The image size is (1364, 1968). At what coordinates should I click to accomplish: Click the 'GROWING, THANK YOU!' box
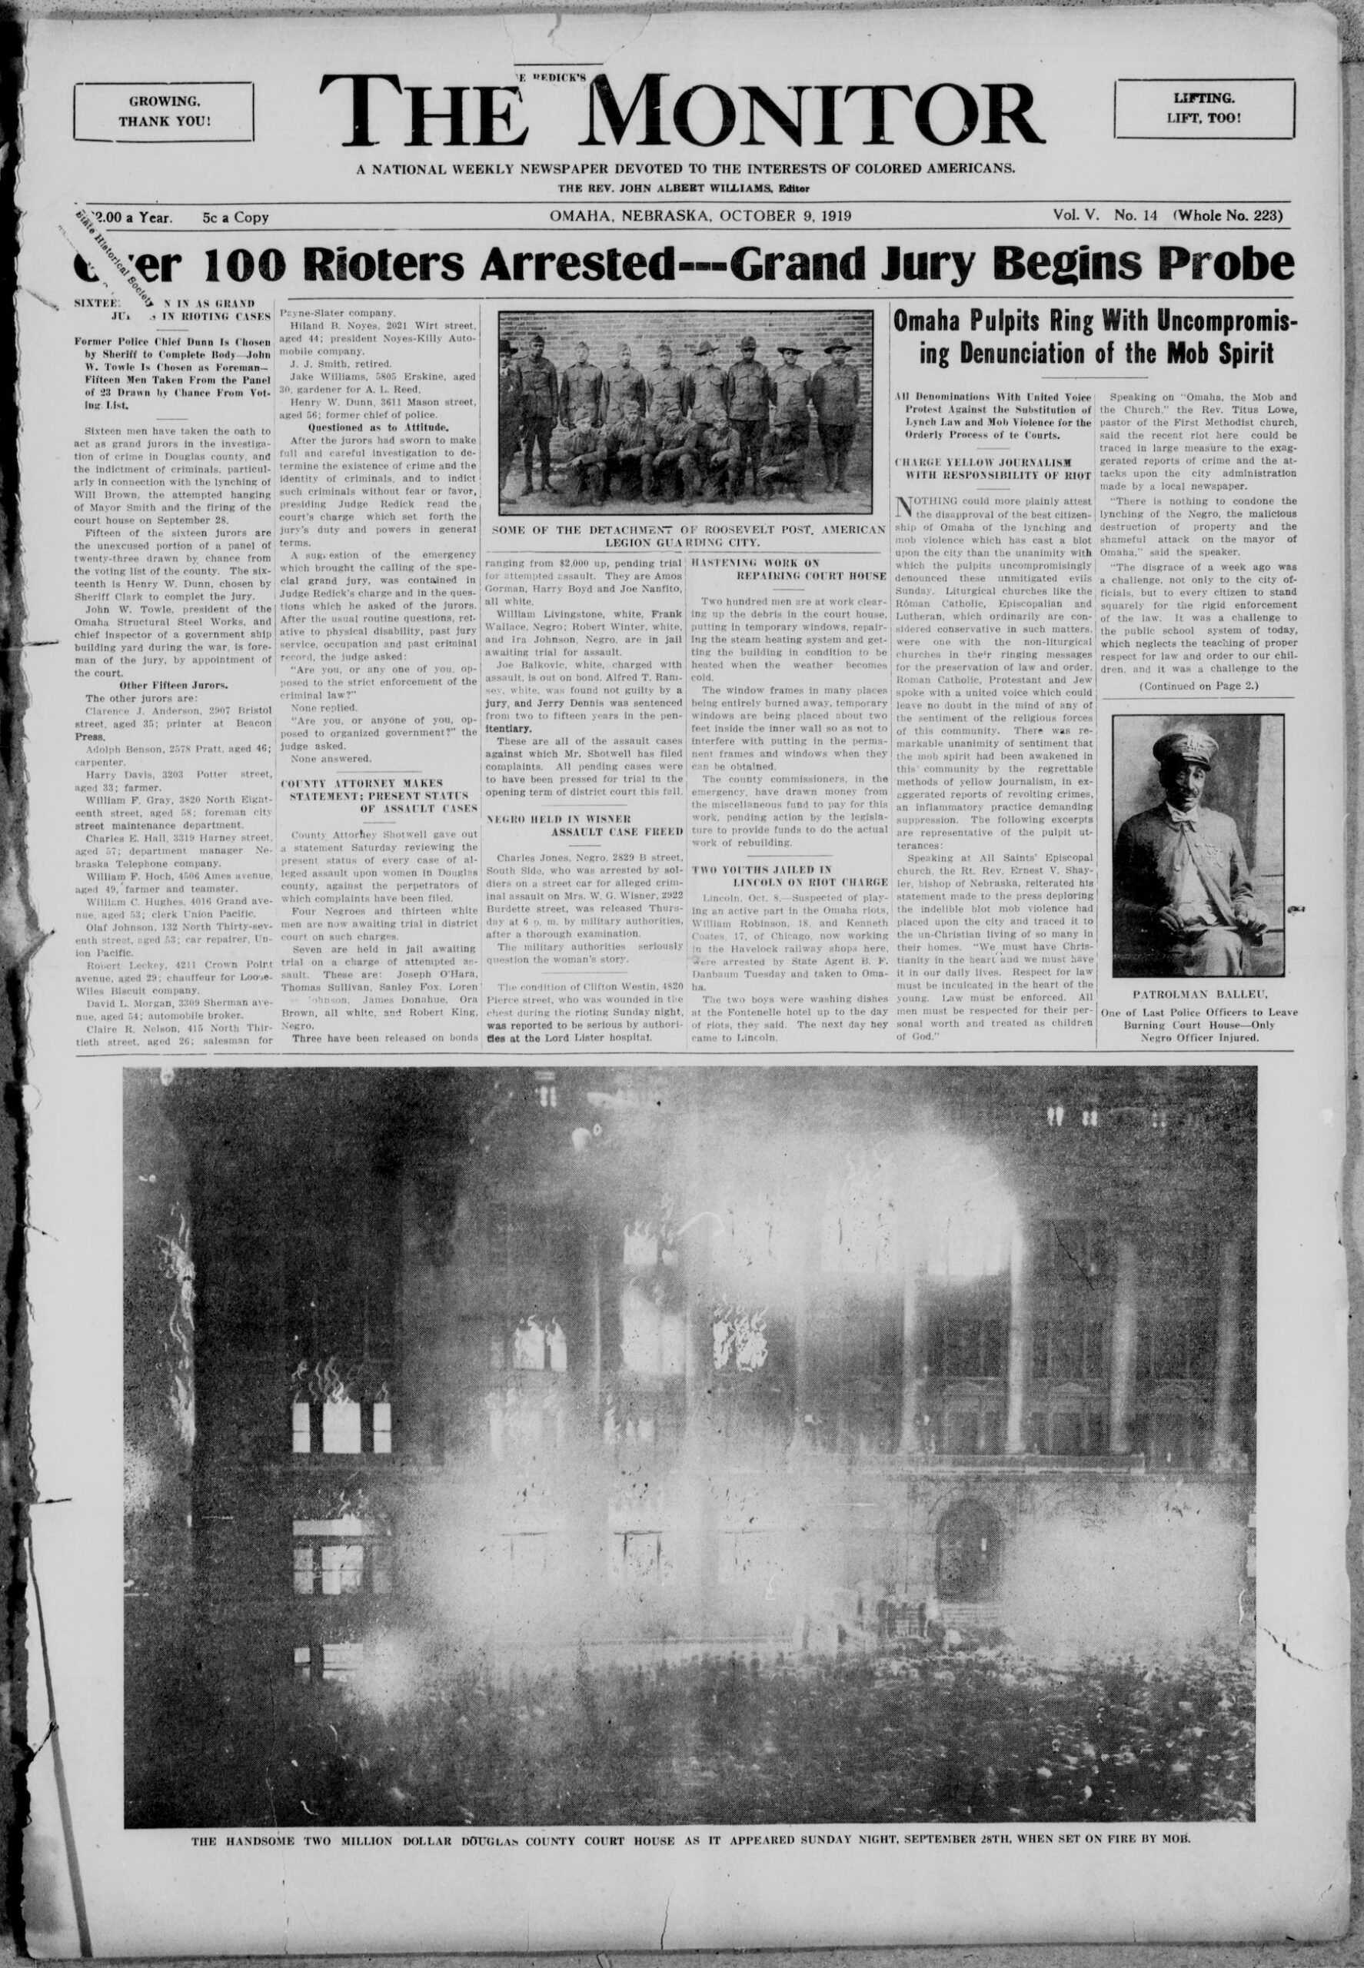(x=163, y=111)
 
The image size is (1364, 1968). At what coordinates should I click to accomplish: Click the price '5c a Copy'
(x=236, y=217)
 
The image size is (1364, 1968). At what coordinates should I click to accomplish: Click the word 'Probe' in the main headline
(x=1227, y=267)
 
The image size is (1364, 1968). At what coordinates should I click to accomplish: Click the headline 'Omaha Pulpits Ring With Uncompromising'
(x=1093, y=322)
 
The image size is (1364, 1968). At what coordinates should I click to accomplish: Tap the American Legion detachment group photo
(x=685, y=411)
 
